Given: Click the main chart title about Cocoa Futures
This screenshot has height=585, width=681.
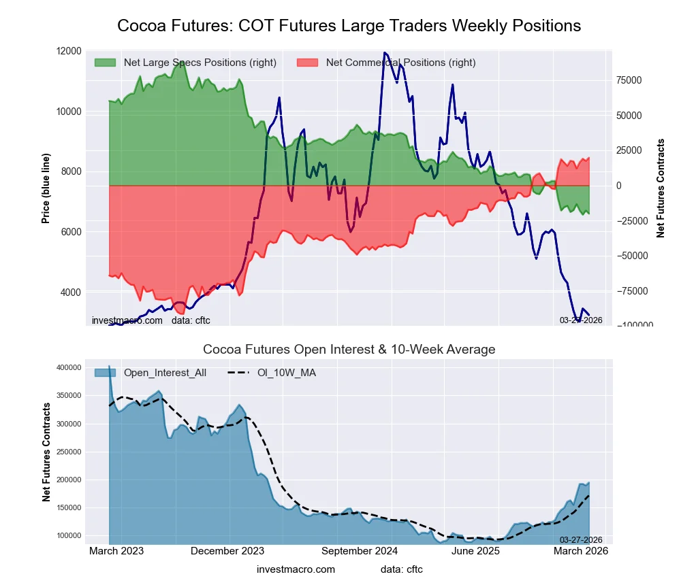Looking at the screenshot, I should pyautogui.click(x=349, y=26).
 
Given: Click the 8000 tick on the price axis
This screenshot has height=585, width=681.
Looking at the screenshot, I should pyautogui.click(x=70, y=171).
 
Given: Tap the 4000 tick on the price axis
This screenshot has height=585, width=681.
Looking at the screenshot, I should pyautogui.click(x=70, y=292).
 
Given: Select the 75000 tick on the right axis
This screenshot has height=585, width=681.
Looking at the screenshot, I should pyautogui.click(x=631, y=80).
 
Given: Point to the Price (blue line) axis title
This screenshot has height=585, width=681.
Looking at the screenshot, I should pyautogui.click(x=46, y=188).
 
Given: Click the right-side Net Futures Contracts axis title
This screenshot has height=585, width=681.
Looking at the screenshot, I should pyautogui.click(x=661, y=188).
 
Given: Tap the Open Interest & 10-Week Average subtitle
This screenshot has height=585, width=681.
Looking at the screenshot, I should pyautogui.click(x=349, y=350).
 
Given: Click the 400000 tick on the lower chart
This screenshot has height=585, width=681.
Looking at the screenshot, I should pyautogui.click(x=69, y=367).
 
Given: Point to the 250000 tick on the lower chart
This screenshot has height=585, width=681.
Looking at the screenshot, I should pyautogui.click(x=69, y=452).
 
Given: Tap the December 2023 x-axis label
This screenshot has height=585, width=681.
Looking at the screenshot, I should pyautogui.click(x=227, y=551).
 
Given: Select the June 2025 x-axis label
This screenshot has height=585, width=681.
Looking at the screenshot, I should pyautogui.click(x=498, y=551).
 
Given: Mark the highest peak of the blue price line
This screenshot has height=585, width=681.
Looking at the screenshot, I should pyautogui.click(x=385, y=52).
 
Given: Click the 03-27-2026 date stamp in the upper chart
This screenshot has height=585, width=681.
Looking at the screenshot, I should pyautogui.click(x=581, y=320).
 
